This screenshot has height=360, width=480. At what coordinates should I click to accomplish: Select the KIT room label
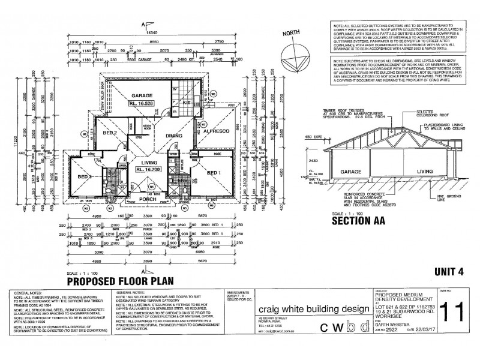tap(187, 103)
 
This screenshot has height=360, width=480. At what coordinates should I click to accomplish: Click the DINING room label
tap(173, 136)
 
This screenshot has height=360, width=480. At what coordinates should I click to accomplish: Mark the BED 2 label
tap(109, 133)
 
